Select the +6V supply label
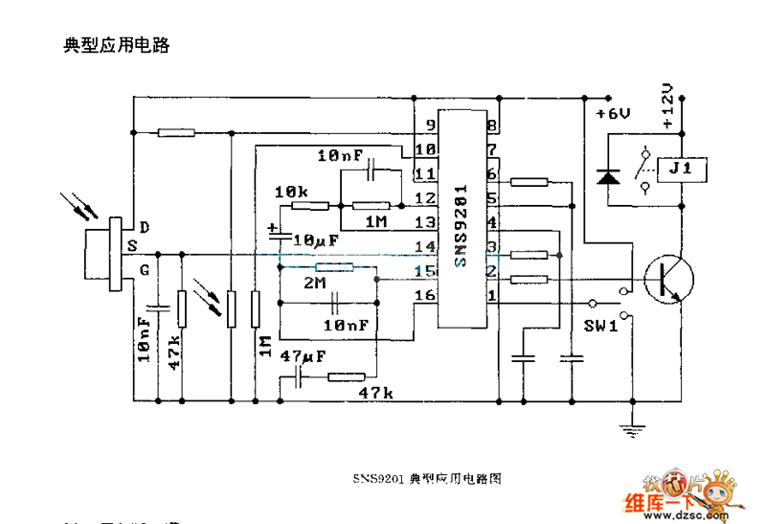click(613, 114)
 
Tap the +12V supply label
click(668, 106)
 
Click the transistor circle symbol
click(666, 280)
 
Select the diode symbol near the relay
click(607, 176)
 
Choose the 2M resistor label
click(314, 285)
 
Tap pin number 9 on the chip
click(431, 125)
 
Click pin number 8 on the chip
click(492, 125)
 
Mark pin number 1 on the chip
click(492, 296)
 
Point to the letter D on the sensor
click(144, 227)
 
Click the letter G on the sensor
click(144, 271)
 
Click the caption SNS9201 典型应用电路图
click(427, 476)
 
